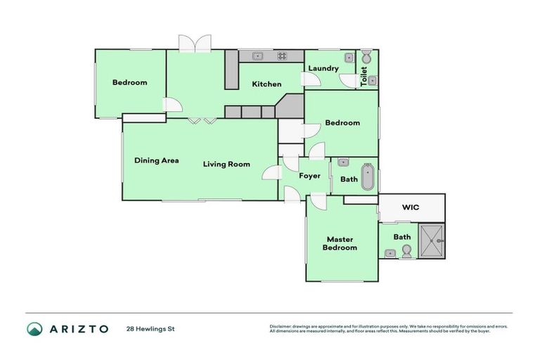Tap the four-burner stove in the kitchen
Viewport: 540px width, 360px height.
(x=282, y=56)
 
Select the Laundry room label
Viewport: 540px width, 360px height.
(x=323, y=68)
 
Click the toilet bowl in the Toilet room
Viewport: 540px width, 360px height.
(x=366, y=56)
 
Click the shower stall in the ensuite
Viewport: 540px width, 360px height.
(x=431, y=240)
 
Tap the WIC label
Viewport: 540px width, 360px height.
(x=411, y=207)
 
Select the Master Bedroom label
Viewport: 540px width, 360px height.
(x=340, y=243)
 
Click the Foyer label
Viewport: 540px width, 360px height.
(x=309, y=176)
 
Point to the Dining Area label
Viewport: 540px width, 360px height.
(x=156, y=160)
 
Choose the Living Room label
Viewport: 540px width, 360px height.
(x=226, y=165)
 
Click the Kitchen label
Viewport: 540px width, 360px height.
(x=266, y=84)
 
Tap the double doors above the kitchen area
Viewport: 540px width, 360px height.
(x=193, y=43)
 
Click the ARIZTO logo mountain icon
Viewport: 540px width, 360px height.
(x=34, y=328)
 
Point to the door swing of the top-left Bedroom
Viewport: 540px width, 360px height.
(x=173, y=105)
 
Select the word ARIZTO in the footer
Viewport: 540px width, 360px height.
(x=78, y=328)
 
